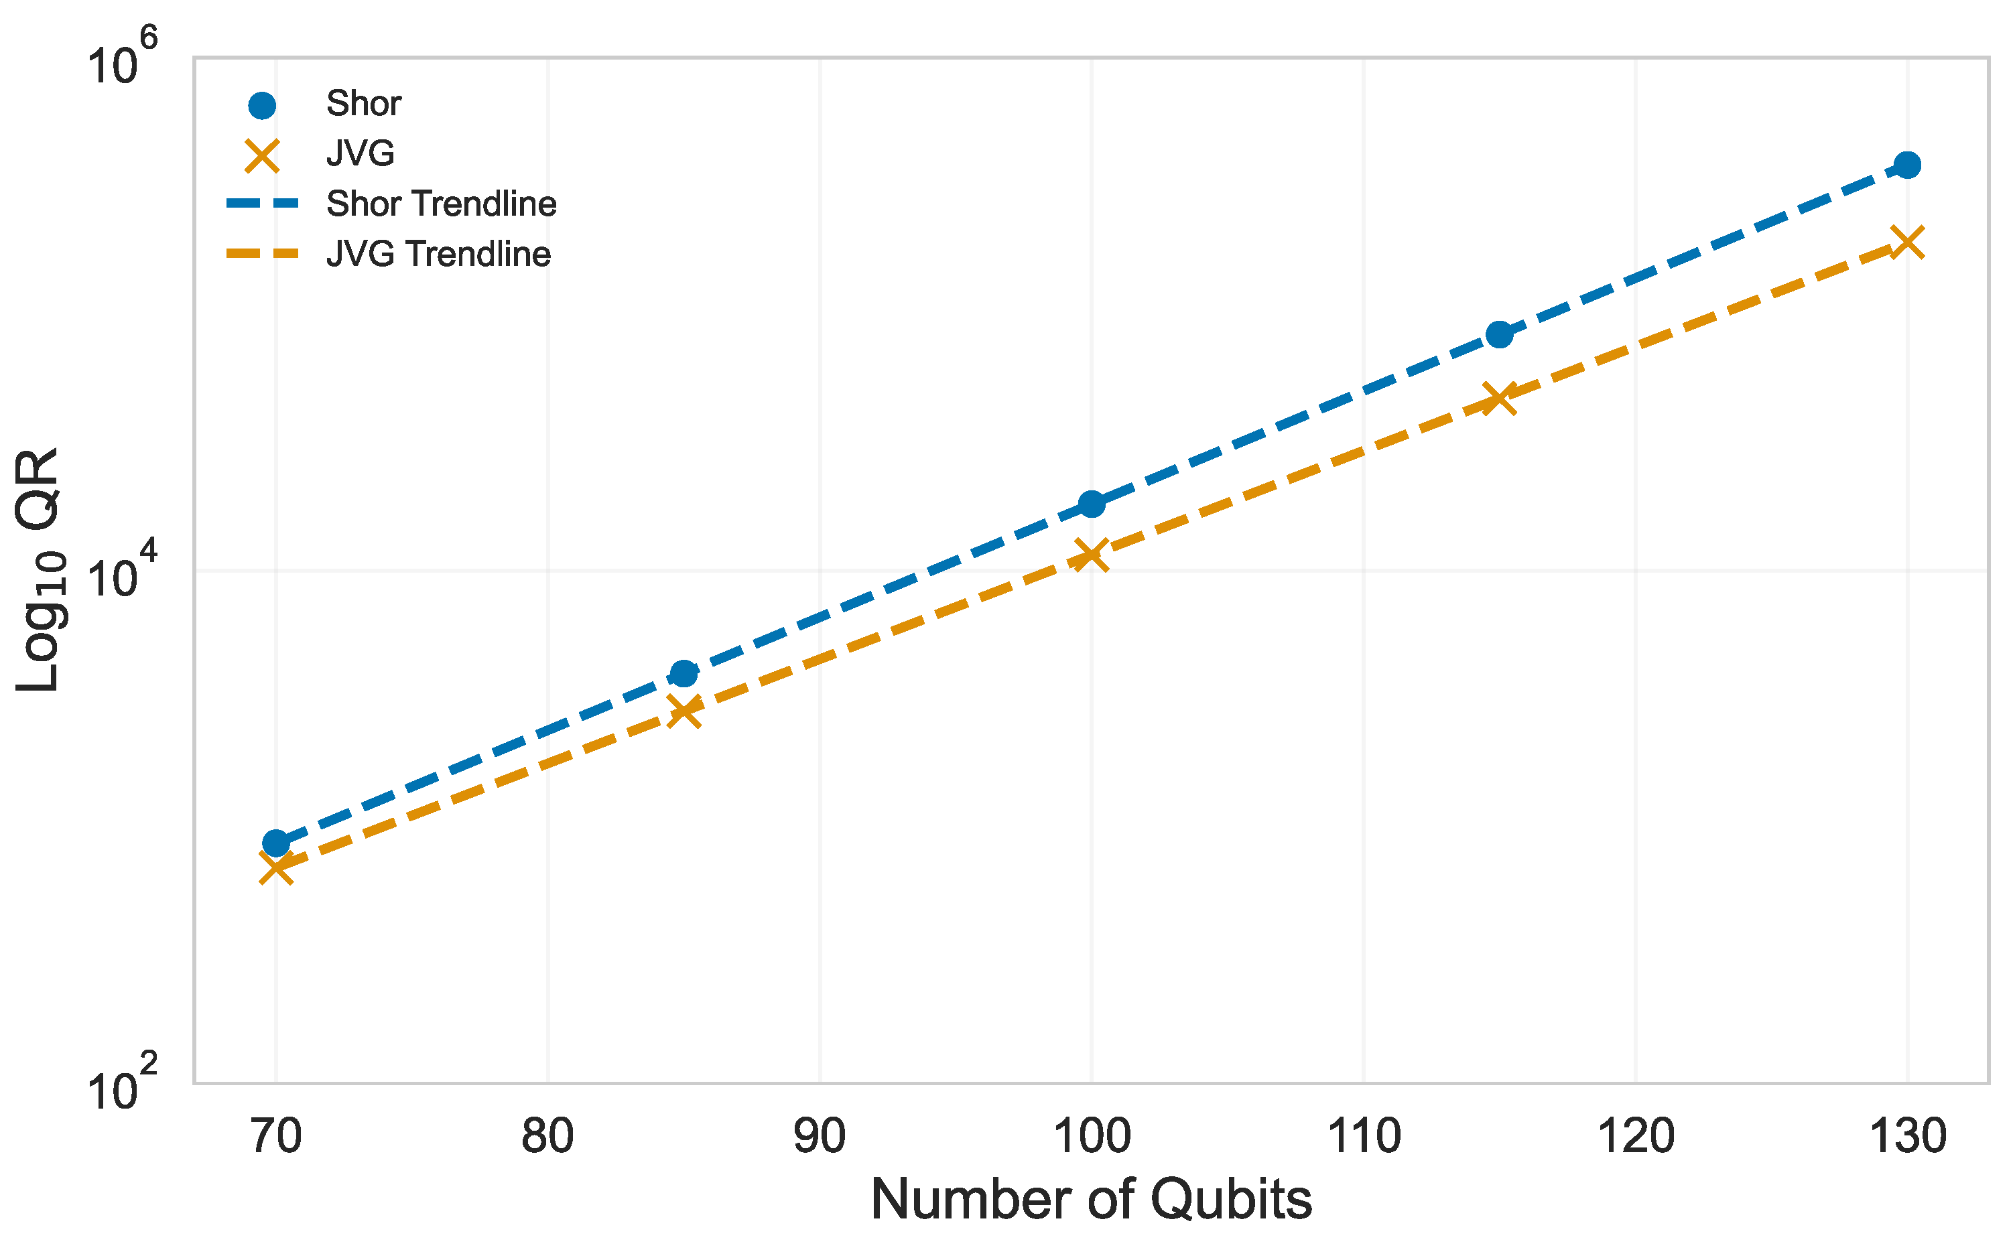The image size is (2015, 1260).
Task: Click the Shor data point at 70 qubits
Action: pos(276,843)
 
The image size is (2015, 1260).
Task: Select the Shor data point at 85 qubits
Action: pos(684,673)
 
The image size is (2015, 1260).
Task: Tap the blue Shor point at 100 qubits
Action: pos(1092,503)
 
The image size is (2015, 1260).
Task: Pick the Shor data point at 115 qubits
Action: pos(1499,334)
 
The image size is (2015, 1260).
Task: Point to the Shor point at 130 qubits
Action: pos(1906,165)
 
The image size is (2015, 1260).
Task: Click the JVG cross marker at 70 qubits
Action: pos(276,868)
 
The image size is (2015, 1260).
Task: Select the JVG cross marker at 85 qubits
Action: pos(684,711)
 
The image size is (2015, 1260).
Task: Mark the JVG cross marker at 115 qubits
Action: pos(1499,399)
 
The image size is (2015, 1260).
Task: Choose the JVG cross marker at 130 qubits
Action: pos(1906,242)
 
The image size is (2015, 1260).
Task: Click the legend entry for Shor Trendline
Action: pos(441,204)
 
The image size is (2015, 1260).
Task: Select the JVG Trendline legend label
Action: pos(438,254)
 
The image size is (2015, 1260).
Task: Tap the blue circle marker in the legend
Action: pos(262,105)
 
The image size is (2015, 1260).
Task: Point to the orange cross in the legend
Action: pos(262,155)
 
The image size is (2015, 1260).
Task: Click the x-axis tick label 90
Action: pos(820,1136)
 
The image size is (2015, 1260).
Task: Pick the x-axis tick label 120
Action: pos(1635,1136)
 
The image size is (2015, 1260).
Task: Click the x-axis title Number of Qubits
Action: pos(1092,1200)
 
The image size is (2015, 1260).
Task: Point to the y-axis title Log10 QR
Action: pos(40,570)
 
